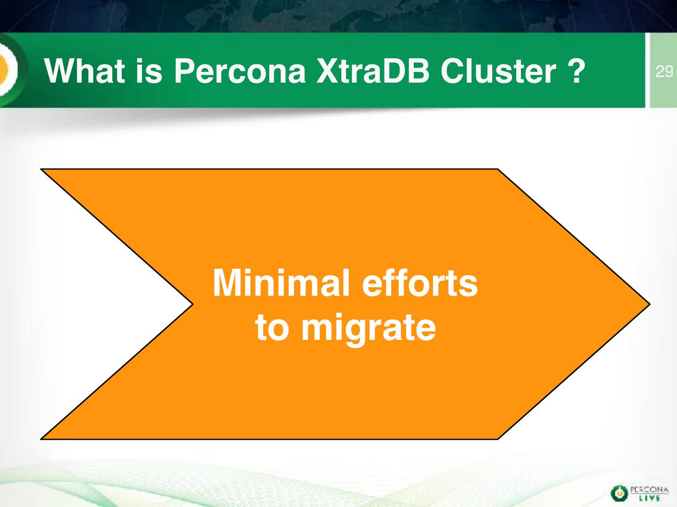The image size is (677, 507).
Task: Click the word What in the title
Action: (x=85, y=71)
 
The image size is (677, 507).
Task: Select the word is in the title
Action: (x=149, y=71)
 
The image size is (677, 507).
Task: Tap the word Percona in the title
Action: (x=240, y=71)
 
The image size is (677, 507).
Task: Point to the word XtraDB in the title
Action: (x=373, y=71)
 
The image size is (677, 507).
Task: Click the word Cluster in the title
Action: (x=498, y=71)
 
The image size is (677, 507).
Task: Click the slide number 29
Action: (x=664, y=72)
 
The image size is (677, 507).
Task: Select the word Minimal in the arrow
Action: (x=281, y=283)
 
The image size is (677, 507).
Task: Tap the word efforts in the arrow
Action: (x=420, y=283)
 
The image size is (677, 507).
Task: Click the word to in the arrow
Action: (x=272, y=328)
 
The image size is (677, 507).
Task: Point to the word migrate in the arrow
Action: (x=369, y=330)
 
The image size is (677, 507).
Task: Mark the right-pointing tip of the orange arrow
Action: (x=650, y=304)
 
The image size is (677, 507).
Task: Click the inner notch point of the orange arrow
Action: (x=193, y=305)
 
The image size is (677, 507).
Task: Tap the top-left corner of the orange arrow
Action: (x=41, y=169)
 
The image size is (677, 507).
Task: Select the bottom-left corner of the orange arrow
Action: (x=41, y=439)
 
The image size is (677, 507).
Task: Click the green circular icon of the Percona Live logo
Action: (x=619, y=493)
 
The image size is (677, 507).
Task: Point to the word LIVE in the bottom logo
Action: (x=649, y=498)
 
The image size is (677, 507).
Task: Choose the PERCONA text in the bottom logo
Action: (x=649, y=490)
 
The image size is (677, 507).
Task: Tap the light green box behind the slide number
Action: (x=663, y=70)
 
